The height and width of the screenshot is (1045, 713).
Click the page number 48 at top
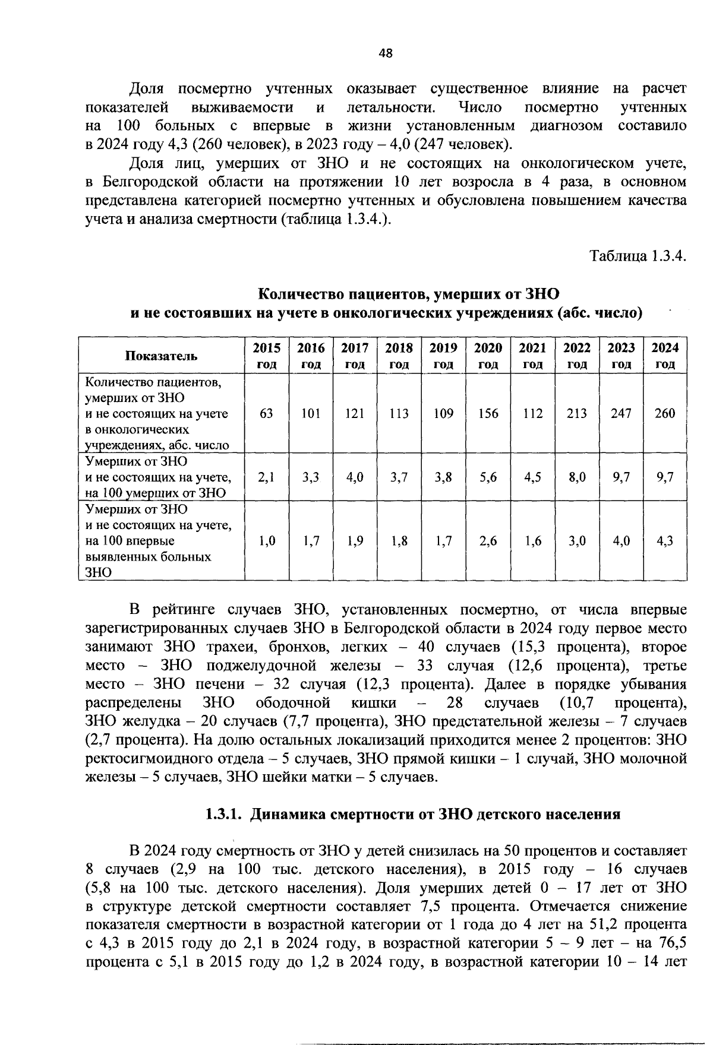point(386,53)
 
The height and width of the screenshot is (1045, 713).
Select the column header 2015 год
point(266,356)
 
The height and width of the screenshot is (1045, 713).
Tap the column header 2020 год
point(488,356)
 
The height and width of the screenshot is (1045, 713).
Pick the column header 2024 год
point(665,356)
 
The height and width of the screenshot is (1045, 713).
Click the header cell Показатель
point(161,356)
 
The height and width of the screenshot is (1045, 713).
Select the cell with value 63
point(266,413)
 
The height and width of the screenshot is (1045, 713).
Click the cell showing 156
point(488,413)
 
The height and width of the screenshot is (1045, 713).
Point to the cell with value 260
point(665,413)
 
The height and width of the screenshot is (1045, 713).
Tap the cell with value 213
point(577,413)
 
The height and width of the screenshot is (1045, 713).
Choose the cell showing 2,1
point(266,477)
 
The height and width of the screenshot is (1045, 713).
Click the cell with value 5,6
point(488,477)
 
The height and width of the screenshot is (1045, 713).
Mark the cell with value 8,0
point(577,477)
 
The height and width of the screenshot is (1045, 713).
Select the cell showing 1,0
point(266,541)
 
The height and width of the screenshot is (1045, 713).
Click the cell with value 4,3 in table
point(665,541)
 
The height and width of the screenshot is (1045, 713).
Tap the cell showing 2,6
point(488,541)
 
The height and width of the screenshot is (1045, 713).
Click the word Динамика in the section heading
point(286,814)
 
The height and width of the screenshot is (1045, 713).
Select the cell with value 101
point(311,413)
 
